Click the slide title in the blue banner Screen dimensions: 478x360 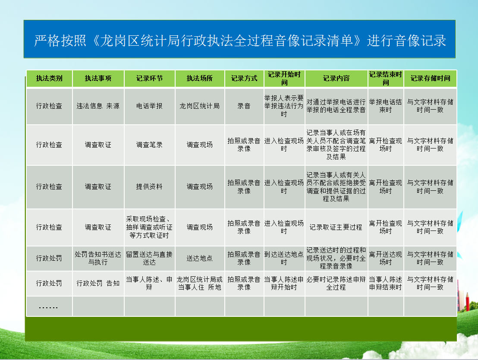pyautogui.click(x=240, y=41)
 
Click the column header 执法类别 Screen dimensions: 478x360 pyautogui.click(x=49, y=79)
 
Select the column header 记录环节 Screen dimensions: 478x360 pyautogui.click(x=149, y=79)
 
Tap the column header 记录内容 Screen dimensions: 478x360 pyautogui.click(x=336, y=79)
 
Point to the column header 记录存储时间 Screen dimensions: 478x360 pyautogui.click(x=430, y=79)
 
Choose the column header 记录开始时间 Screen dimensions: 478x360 pyautogui.click(x=284, y=79)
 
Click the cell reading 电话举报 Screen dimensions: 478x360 pyautogui.click(x=149, y=106)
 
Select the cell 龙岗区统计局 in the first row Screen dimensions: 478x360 pyautogui.click(x=200, y=106)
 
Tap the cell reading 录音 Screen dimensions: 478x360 pyautogui.click(x=244, y=106)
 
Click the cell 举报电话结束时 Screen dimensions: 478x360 pyautogui.click(x=386, y=106)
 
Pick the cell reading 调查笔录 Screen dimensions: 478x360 pyautogui.click(x=149, y=145)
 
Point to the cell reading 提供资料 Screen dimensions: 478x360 pyautogui.click(x=149, y=186)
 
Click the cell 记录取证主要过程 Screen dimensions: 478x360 pyautogui.click(x=336, y=227)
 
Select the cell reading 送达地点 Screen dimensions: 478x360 pyautogui.click(x=200, y=258)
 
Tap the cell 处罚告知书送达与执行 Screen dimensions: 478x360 pyautogui.click(x=98, y=258)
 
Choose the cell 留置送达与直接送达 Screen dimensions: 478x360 pyautogui.click(x=149, y=258)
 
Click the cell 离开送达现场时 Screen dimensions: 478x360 pyautogui.click(x=386, y=258)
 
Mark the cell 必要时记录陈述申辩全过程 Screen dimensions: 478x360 pyautogui.click(x=336, y=284)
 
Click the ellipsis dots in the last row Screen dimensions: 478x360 pyautogui.click(x=48, y=307)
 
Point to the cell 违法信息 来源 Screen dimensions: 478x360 pyautogui.click(x=98, y=106)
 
